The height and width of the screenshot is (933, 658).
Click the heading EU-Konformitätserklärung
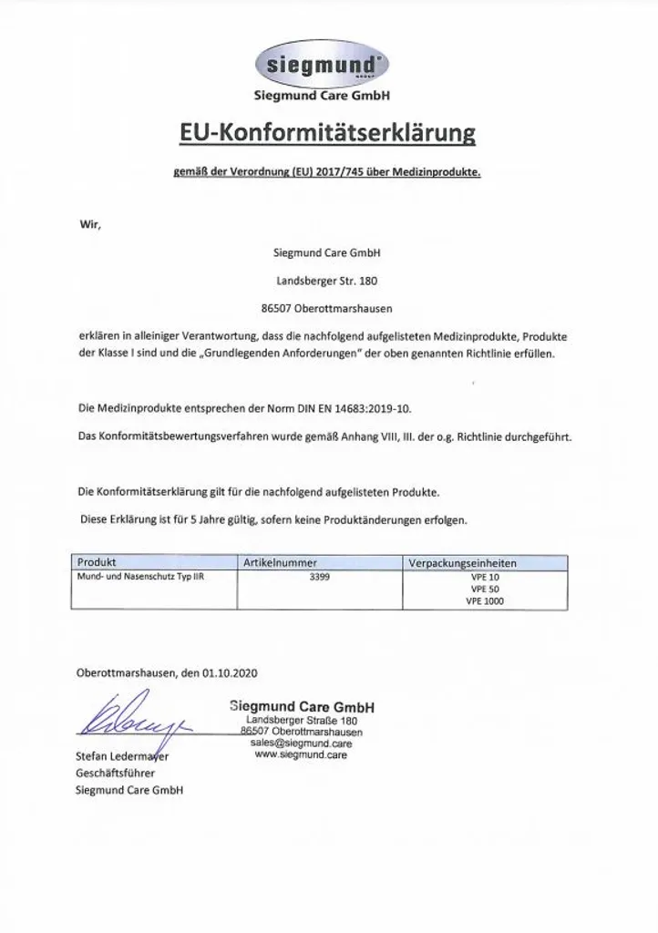[327, 134]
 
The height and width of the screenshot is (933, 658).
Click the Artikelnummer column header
[280, 563]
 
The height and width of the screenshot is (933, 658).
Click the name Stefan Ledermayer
[122, 756]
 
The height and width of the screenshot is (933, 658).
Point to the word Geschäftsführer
[109, 773]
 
